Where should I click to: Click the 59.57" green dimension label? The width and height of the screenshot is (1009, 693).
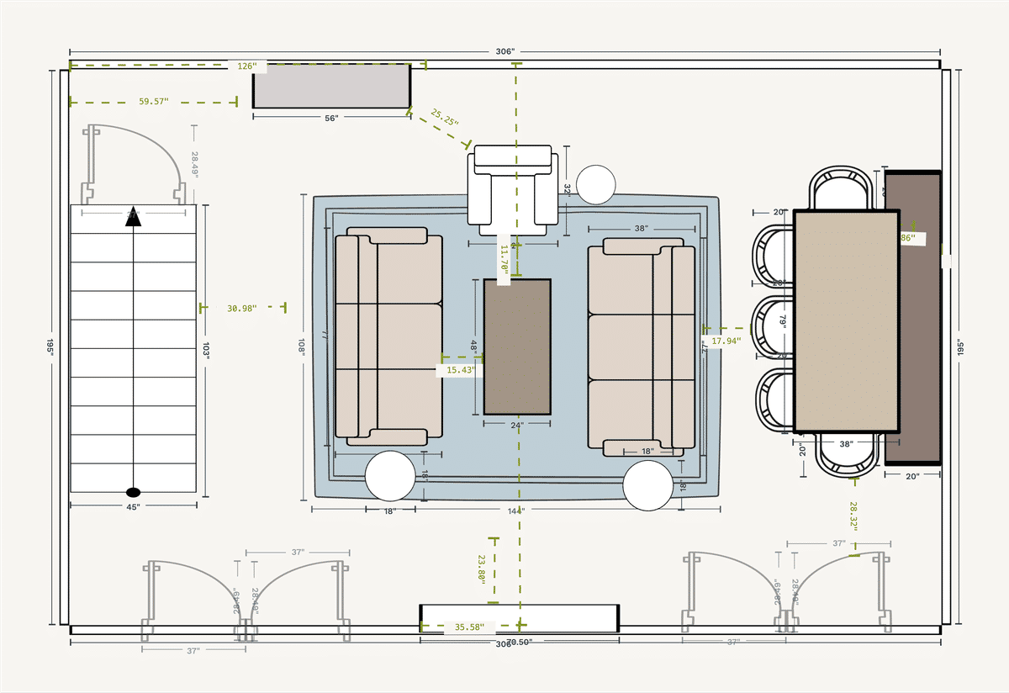153,102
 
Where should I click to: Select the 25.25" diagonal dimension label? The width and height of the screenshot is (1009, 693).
444,118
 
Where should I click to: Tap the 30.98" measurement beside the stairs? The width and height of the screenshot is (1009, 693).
242,308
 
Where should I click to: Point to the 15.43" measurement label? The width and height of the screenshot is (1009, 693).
460,369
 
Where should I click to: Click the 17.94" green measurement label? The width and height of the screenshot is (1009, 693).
726,341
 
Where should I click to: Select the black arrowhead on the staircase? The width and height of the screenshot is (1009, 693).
133,220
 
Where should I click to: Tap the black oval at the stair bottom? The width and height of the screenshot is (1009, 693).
133,491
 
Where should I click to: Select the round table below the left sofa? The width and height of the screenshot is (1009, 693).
390,476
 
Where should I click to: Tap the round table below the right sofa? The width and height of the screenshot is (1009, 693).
647,485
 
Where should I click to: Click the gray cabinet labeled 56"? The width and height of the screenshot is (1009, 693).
331,86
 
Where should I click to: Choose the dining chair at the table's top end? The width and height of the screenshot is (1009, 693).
841,188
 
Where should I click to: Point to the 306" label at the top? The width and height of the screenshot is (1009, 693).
504,51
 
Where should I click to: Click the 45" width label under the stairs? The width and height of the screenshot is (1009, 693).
133,507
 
